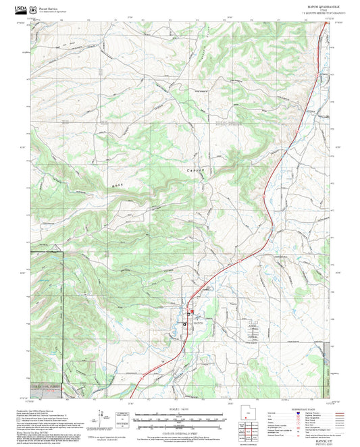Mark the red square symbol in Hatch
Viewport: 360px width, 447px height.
click(x=191, y=312)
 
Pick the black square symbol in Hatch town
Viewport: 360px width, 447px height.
click(x=186, y=324)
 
